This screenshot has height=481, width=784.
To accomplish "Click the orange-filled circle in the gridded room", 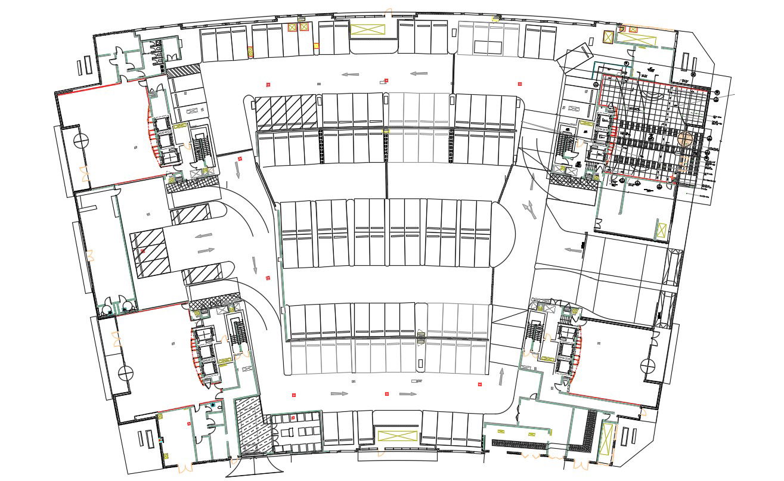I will (x=685, y=139).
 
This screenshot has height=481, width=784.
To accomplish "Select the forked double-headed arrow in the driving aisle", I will (x=528, y=208).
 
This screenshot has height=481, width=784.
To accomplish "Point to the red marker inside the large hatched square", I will (x=142, y=252).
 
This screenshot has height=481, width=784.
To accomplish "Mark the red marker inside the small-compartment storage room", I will (x=293, y=418).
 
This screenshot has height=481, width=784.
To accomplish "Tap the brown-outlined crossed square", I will (x=608, y=37).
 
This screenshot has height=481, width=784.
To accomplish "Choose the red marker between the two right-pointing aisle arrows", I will (x=387, y=394).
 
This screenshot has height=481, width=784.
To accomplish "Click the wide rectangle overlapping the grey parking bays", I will (x=488, y=46).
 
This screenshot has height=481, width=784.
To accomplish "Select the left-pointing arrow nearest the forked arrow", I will (x=573, y=250).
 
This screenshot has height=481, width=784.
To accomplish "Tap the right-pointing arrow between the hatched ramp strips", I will (x=205, y=250).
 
